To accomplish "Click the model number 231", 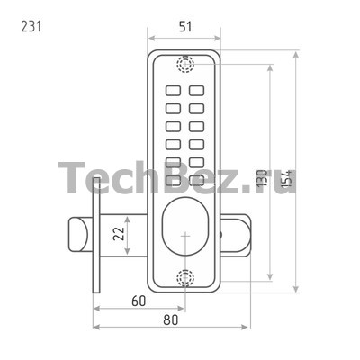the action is coord(31,27).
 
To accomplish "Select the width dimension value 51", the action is coord(185,27).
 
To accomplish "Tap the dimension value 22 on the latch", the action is coord(119,233).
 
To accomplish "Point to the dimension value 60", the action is coord(139,301).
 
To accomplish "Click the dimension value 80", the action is coord(171,320).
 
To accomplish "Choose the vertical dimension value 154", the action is coord(286,179).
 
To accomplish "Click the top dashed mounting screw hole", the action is coord(185,64).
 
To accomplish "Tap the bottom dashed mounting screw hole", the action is coord(185,277).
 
